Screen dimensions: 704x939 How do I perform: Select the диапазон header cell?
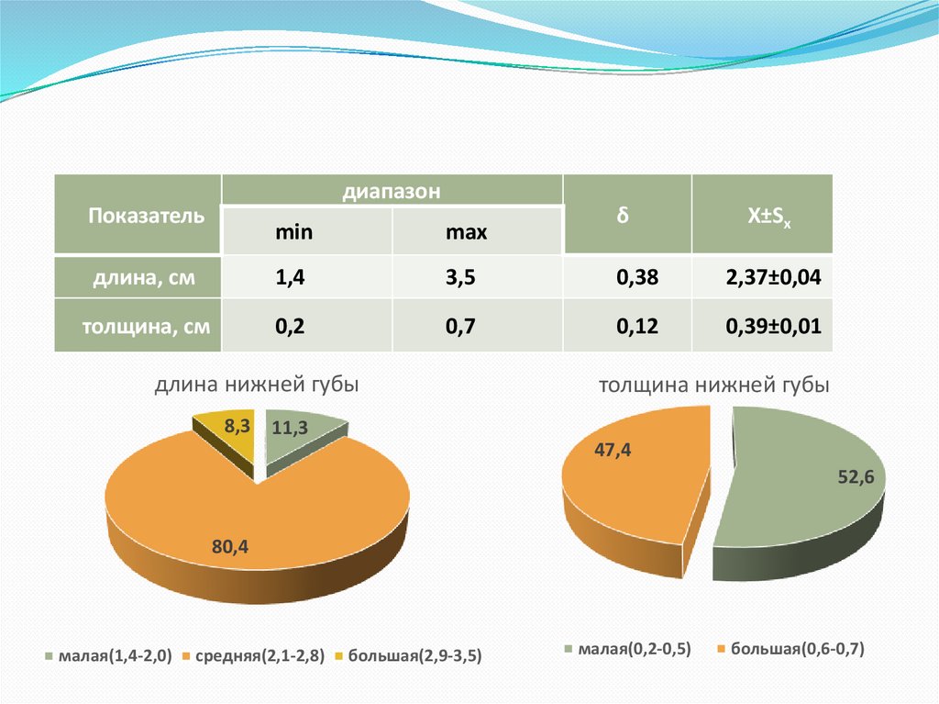click(x=392, y=192)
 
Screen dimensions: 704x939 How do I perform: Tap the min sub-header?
click(x=294, y=232)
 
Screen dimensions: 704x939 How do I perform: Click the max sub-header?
click(x=466, y=232)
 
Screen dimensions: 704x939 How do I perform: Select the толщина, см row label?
click(x=147, y=326)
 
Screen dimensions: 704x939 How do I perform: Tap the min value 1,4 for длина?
click(x=290, y=279)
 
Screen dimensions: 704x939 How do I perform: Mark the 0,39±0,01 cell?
click(x=773, y=326)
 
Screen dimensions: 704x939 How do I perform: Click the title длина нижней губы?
click(x=256, y=386)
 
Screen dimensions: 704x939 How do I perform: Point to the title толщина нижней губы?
click(x=713, y=386)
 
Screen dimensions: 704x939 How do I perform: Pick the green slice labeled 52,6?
click(x=807, y=496)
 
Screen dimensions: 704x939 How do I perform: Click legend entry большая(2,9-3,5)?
click(x=416, y=656)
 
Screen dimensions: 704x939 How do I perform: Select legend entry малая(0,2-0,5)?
click(x=634, y=649)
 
